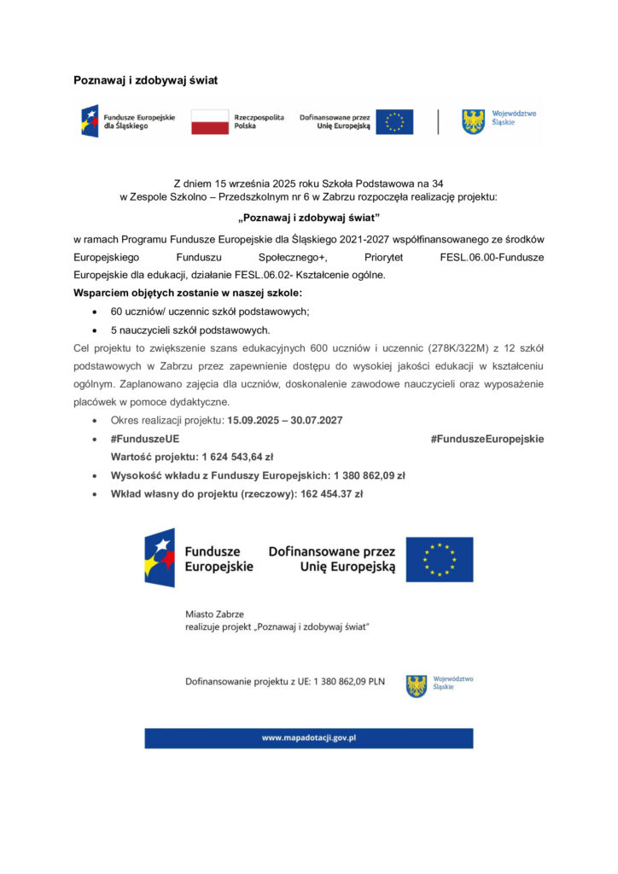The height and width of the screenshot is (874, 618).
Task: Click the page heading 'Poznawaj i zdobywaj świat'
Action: pos(145,80)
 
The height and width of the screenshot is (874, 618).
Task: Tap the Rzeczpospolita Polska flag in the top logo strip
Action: pos(209,122)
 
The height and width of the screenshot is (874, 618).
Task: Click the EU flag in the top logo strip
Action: pos(394,122)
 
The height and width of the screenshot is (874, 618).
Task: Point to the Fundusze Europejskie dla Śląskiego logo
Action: pos(127,122)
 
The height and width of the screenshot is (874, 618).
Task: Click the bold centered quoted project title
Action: pos(308,217)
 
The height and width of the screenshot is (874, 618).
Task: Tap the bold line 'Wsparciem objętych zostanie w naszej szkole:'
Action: pos(182,294)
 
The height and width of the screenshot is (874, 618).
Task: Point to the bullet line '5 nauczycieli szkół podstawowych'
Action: pos(190,329)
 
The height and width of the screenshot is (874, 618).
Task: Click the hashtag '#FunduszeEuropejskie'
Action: pos(487,439)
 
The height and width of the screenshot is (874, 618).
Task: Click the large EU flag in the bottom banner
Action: pos(439,559)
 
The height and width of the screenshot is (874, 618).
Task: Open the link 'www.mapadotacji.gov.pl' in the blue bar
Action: pos(308,737)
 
